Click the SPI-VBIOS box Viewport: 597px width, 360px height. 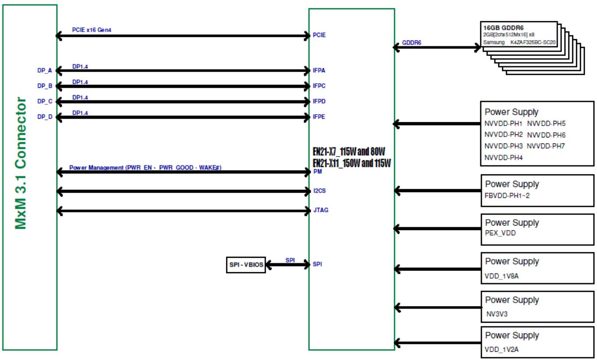coord(246,265)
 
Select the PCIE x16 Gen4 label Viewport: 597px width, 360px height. coord(91,30)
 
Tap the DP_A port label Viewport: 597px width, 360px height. coord(44,70)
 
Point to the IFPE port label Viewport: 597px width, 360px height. coord(319,117)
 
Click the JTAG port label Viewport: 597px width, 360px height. coord(321,210)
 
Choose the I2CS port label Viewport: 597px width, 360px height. coord(319,191)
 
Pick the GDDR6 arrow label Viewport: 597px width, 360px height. coord(411,43)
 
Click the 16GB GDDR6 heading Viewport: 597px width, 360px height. coord(504,28)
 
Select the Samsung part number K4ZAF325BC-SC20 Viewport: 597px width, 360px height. coord(533,43)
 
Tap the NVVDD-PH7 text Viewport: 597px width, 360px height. coord(546,146)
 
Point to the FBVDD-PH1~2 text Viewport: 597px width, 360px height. coord(507,196)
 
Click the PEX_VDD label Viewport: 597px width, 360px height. coord(500,233)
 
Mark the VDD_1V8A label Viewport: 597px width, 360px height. coord(501,276)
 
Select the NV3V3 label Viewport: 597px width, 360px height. coord(497,314)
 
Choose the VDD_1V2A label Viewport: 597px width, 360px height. coord(501,349)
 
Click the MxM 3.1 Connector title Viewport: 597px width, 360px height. coord(20,163)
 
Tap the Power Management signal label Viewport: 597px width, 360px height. coord(145,167)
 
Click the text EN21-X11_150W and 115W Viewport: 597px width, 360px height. coord(352,163)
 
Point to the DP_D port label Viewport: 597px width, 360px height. coord(45,117)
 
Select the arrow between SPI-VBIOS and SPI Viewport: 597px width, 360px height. coord(288,265)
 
